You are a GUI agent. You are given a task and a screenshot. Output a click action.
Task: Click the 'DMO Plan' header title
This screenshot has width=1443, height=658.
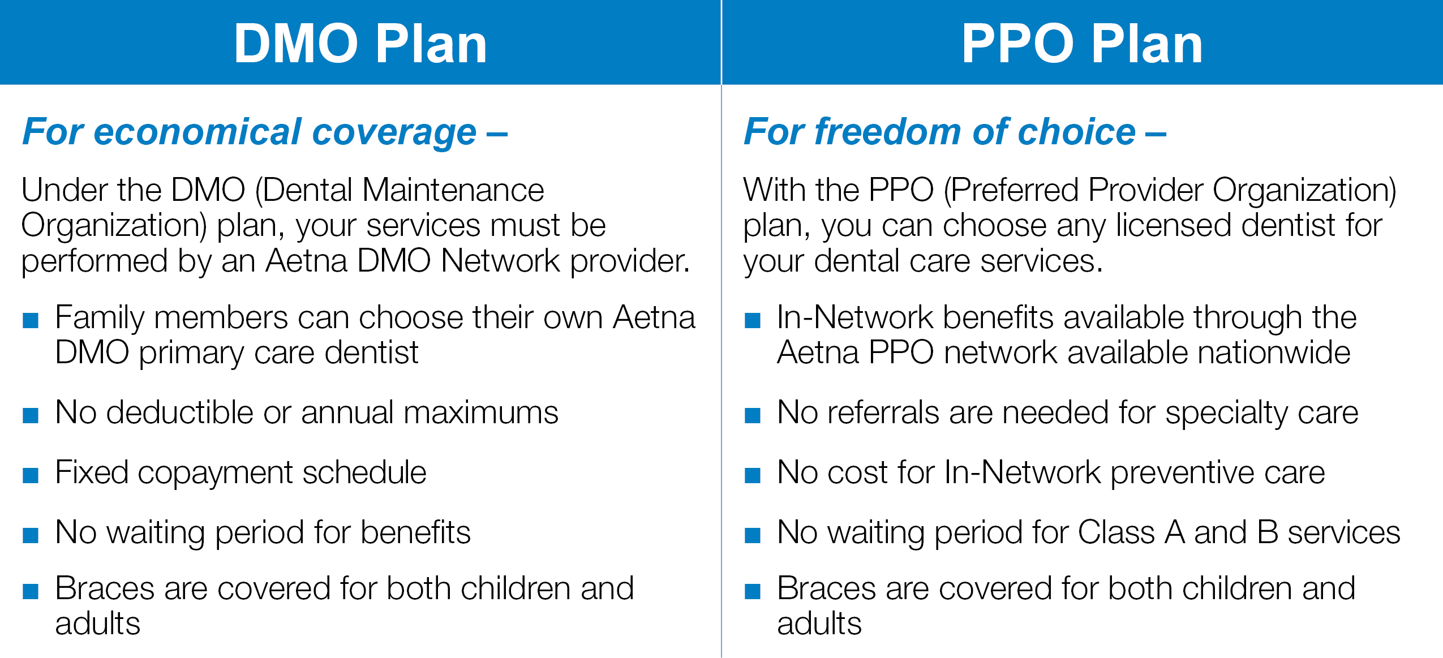pos(360,44)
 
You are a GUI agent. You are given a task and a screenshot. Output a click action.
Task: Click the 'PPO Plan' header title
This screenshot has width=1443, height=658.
pos(1082,44)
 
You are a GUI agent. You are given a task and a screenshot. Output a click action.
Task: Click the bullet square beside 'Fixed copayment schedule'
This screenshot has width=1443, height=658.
pos(31,475)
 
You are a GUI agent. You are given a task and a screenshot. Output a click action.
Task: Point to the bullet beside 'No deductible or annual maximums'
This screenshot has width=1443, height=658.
pos(31,415)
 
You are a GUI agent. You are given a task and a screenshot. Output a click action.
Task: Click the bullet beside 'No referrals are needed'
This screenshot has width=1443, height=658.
pos(753,415)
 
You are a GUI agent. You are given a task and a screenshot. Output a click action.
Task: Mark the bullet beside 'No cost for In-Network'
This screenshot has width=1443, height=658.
pos(753,475)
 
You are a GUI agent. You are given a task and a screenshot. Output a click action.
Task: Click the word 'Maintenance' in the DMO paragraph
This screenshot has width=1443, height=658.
pos(453,190)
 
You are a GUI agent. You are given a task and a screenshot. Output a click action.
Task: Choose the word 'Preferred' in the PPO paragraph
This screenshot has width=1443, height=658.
pos(1015,190)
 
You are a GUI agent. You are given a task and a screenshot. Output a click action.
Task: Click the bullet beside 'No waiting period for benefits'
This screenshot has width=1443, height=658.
pos(31,535)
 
